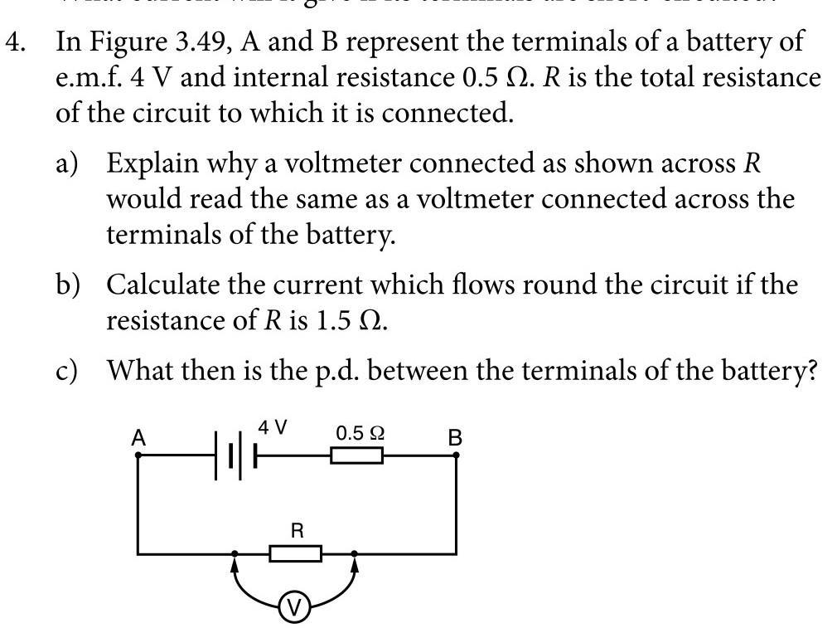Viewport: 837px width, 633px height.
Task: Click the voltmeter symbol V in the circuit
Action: pyautogui.click(x=293, y=609)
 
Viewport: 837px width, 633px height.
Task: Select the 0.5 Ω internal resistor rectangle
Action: pyautogui.click(x=356, y=455)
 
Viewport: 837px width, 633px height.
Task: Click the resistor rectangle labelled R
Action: pyautogui.click(x=295, y=553)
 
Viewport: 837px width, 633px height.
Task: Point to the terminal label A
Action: pyautogui.click(x=138, y=437)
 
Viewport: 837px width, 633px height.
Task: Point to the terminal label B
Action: pyautogui.click(x=455, y=437)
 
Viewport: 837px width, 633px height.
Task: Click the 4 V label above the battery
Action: pyautogui.click(x=273, y=428)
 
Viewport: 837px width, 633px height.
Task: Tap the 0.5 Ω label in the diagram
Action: pyautogui.click(x=360, y=432)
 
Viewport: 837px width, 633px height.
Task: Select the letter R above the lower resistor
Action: pyautogui.click(x=296, y=530)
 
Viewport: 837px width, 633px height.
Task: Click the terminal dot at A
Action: pyautogui.click(x=138, y=455)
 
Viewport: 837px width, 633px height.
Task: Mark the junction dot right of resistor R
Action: pyautogui.click(x=355, y=553)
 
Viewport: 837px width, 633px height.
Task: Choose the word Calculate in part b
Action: pyautogui.click(x=162, y=285)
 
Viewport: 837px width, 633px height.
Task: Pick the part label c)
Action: pyautogui.click(x=67, y=370)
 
